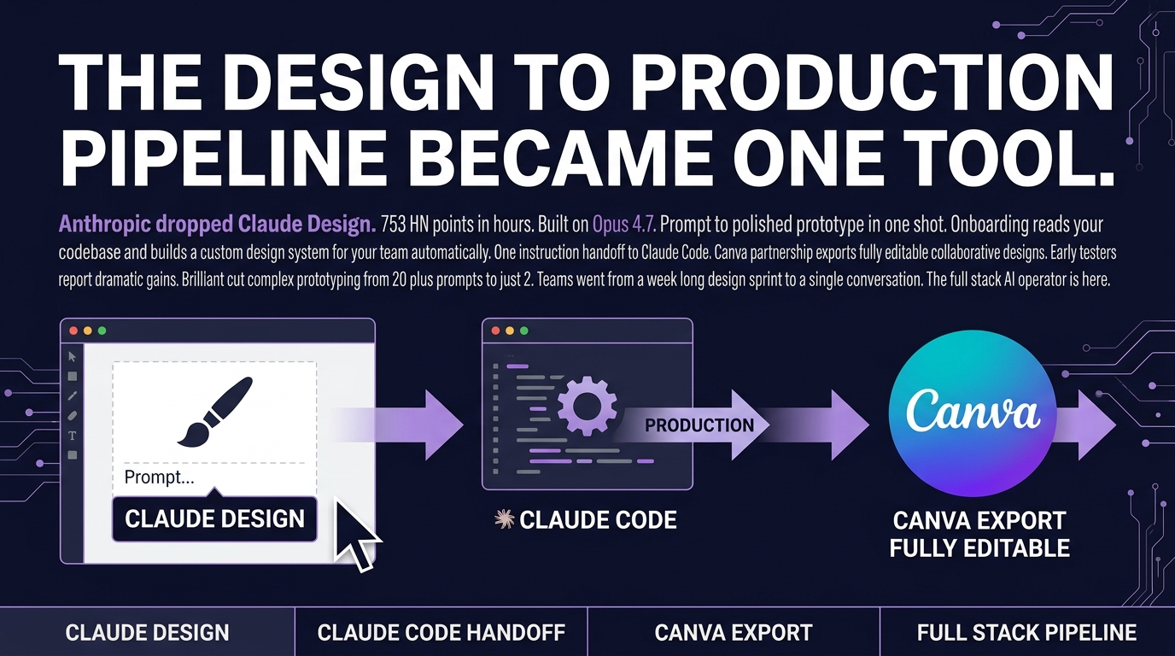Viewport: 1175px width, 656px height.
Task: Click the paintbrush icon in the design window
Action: click(214, 412)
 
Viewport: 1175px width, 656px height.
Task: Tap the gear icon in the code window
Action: click(585, 401)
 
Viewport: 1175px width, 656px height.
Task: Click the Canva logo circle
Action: click(973, 413)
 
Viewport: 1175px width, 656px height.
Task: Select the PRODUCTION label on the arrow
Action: click(699, 425)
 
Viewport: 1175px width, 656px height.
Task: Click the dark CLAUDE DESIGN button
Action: click(214, 518)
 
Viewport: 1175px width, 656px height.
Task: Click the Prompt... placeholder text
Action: click(160, 477)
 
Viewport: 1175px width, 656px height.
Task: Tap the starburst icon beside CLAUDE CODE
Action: click(505, 519)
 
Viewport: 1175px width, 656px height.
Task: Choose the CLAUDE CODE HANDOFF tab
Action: click(441, 633)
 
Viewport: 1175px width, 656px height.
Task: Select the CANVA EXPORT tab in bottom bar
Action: click(734, 633)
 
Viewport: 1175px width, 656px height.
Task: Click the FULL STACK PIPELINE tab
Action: click(1026, 633)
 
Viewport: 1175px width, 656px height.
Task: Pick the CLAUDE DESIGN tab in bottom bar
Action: click(148, 633)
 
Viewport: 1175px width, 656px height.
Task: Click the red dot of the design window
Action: click(73, 331)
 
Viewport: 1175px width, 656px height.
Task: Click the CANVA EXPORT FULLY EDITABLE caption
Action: click(979, 534)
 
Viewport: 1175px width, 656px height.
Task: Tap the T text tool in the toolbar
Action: click(73, 436)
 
